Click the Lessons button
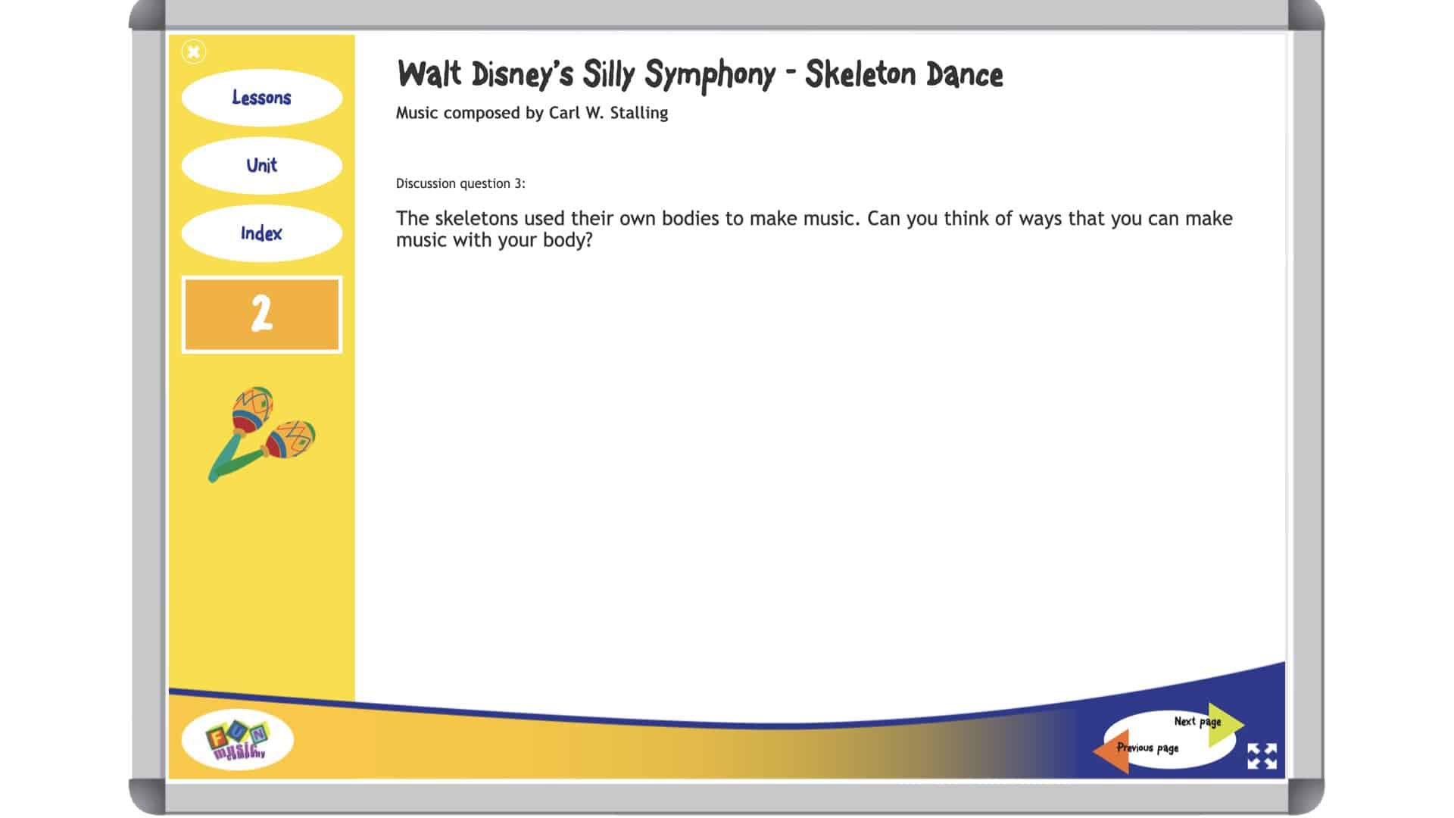(261, 98)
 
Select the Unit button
(261, 165)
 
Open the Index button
(261, 233)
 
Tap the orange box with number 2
(261, 314)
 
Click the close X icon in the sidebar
(194, 52)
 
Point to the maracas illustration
(262, 434)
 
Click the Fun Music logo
(237, 740)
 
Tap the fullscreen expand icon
(1262, 756)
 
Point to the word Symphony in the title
(710, 74)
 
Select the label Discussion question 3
(460, 183)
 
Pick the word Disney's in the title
(522, 74)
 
